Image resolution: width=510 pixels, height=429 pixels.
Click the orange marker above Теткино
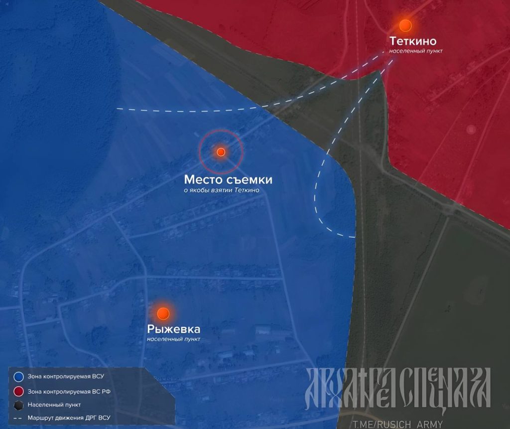pos(406,26)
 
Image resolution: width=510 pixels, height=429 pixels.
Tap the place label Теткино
pos(413,41)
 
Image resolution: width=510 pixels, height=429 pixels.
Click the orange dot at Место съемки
pos(221,152)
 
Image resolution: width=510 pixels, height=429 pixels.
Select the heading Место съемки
pos(228,179)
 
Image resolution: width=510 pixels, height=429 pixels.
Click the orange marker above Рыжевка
pos(163,313)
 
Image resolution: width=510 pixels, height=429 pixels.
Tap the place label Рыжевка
pos(173,329)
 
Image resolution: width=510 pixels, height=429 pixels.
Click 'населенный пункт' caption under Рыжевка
pos(173,339)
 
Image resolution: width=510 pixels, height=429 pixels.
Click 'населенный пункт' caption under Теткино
pos(416,51)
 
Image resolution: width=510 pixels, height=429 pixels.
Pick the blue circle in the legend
pos(19,376)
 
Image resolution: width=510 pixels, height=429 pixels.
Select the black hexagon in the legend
pos(19,405)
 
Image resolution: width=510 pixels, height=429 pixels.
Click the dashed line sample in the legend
pos(19,418)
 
